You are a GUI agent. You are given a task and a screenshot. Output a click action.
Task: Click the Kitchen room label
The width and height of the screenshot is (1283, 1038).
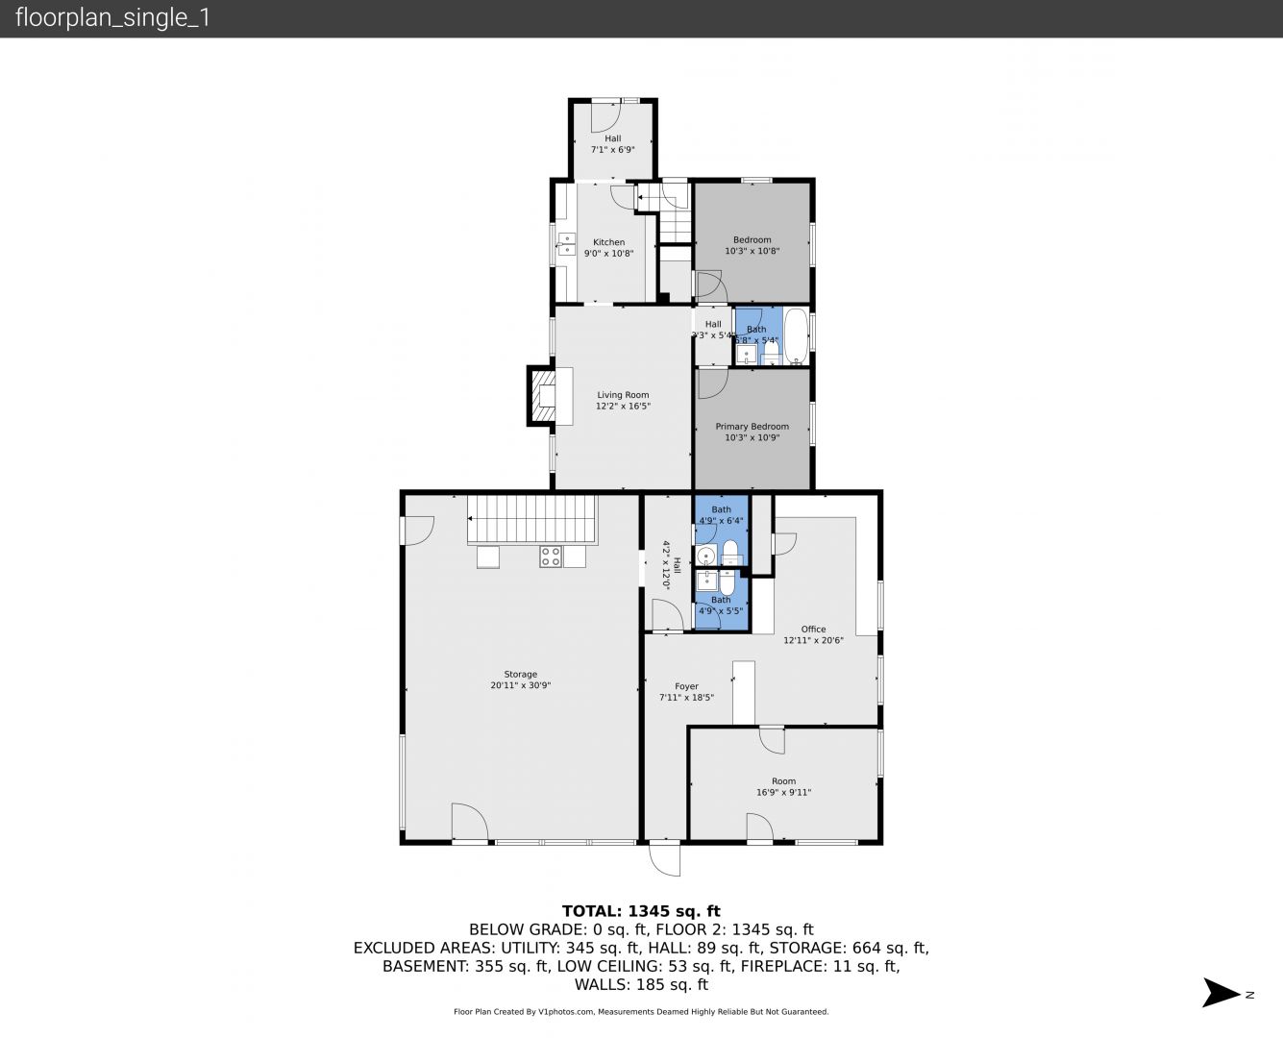608,242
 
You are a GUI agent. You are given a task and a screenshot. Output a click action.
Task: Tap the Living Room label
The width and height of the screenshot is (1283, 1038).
623,395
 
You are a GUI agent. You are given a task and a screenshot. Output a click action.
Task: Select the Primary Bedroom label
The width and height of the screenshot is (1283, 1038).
752,427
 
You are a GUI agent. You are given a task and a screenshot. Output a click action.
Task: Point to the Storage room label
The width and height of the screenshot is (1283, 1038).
521,674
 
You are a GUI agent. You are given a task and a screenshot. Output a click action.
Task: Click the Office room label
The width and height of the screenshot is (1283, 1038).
813,629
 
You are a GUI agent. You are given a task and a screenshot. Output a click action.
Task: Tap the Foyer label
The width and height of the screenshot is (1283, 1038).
687,686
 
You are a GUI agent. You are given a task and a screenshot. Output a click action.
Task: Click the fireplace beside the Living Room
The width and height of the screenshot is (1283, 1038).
541,396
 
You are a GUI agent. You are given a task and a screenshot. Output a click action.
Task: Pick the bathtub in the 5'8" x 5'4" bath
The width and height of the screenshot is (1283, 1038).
796,336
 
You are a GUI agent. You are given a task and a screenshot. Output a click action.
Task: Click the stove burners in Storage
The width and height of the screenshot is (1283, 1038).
551,556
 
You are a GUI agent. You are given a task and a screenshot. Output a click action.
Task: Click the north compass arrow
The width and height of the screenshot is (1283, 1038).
1221,993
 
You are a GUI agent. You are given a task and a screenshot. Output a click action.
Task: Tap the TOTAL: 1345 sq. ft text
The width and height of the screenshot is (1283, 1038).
641,911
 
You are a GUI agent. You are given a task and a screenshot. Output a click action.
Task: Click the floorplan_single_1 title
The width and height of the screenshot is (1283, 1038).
112,17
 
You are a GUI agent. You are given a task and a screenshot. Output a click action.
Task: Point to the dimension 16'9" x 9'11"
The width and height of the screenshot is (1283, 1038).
783,792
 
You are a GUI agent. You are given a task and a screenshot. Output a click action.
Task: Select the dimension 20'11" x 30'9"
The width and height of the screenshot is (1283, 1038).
521,685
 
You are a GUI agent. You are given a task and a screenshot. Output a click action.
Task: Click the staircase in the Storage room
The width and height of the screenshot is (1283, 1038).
532,519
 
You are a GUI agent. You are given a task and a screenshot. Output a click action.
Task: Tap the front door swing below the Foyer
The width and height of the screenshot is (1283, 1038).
664,859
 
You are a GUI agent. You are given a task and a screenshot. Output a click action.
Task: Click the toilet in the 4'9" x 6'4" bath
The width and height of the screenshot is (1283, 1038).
730,552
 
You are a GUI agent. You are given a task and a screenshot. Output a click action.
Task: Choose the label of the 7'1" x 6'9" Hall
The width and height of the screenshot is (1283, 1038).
612,138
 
